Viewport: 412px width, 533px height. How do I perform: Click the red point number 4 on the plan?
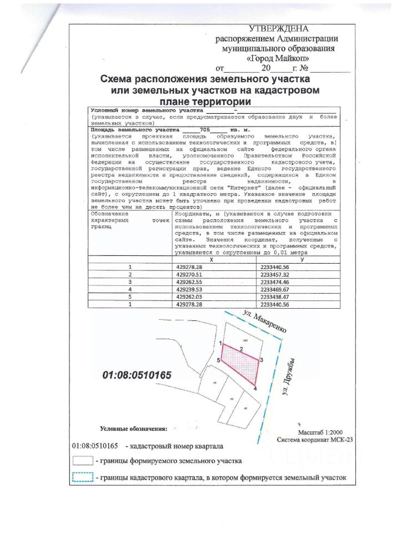(x=255, y=389)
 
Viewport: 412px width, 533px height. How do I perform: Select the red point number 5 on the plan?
(x=219, y=361)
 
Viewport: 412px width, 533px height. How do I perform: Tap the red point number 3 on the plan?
(x=261, y=360)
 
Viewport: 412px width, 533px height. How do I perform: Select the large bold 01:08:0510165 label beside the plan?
(x=137, y=375)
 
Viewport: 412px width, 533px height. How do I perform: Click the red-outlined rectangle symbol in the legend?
(x=82, y=461)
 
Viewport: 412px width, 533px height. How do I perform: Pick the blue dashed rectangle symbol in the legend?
(x=82, y=477)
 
